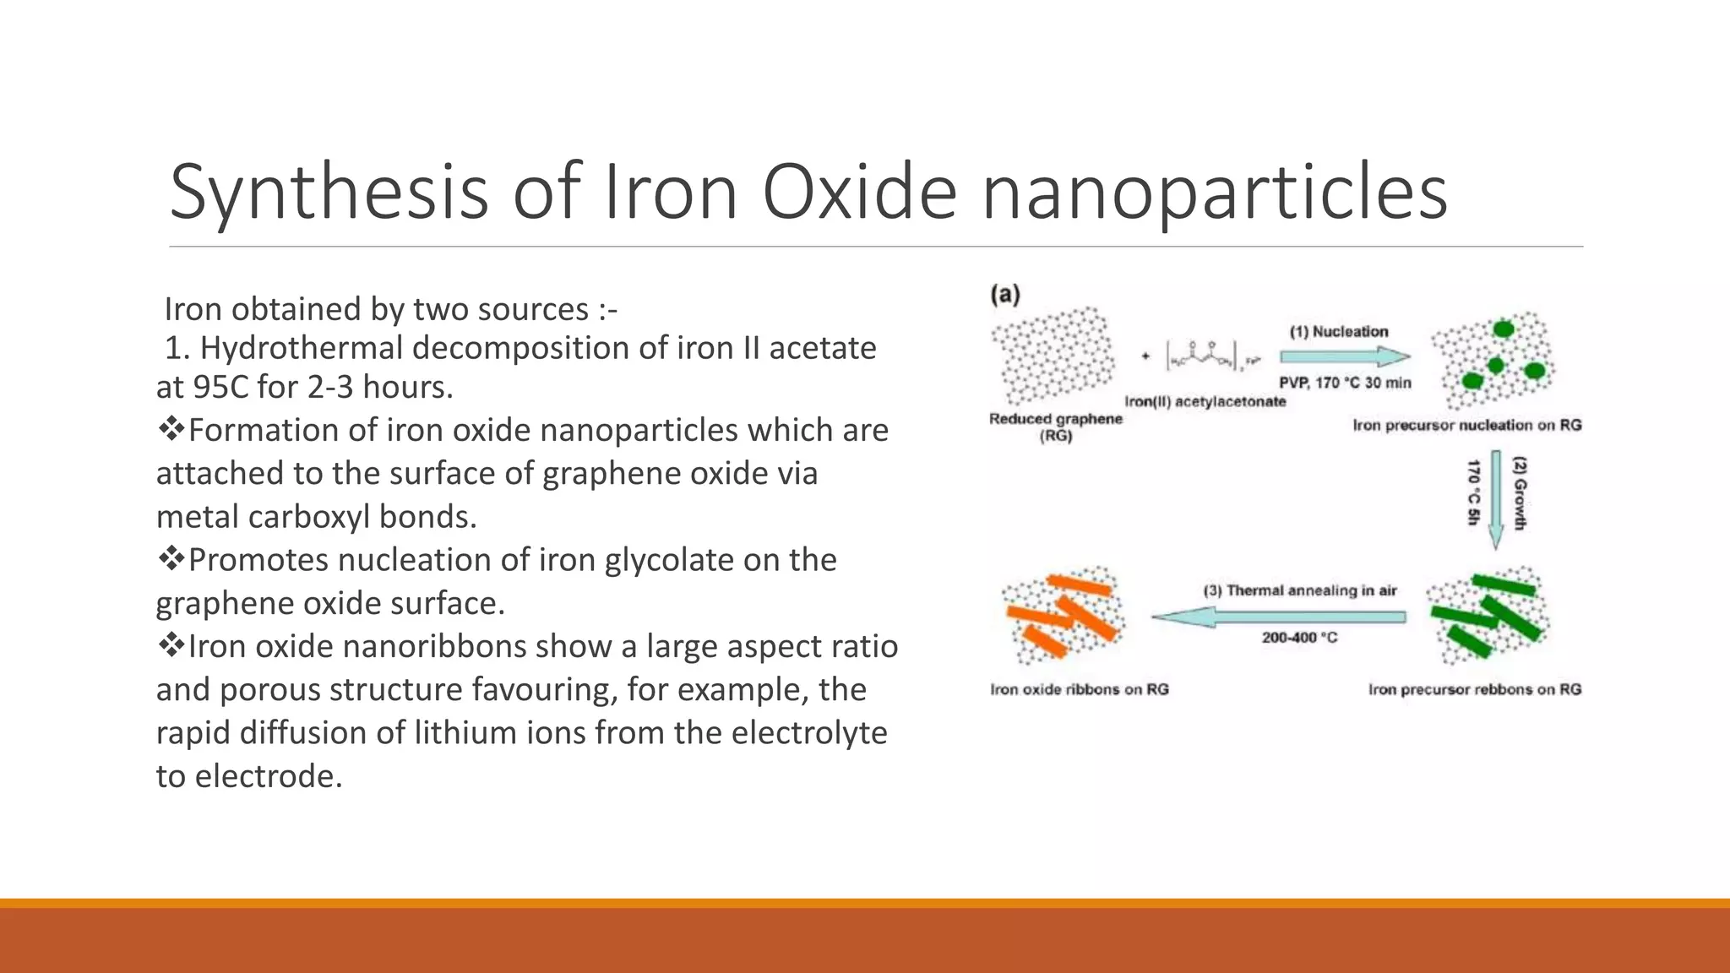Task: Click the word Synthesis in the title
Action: click(329, 193)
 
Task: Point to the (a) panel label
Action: click(1005, 295)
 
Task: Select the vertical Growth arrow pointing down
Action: click(1496, 499)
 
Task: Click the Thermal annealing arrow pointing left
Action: click(1279, 617)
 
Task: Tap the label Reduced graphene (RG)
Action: click(1056, 427)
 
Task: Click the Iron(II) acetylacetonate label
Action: click(1205, 401)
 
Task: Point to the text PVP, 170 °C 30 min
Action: click(1345, 383)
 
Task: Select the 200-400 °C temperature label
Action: click(1299, 638)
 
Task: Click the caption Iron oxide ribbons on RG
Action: click(1080, 689)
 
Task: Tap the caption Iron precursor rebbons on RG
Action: click(1474, 689)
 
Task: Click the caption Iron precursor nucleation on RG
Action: click(1466, 425)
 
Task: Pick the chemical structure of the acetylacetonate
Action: click(1212, 356)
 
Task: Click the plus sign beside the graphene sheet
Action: click(1145, 356)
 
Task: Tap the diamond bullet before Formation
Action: click(171, 429)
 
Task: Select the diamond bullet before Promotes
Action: click(171, 558)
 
